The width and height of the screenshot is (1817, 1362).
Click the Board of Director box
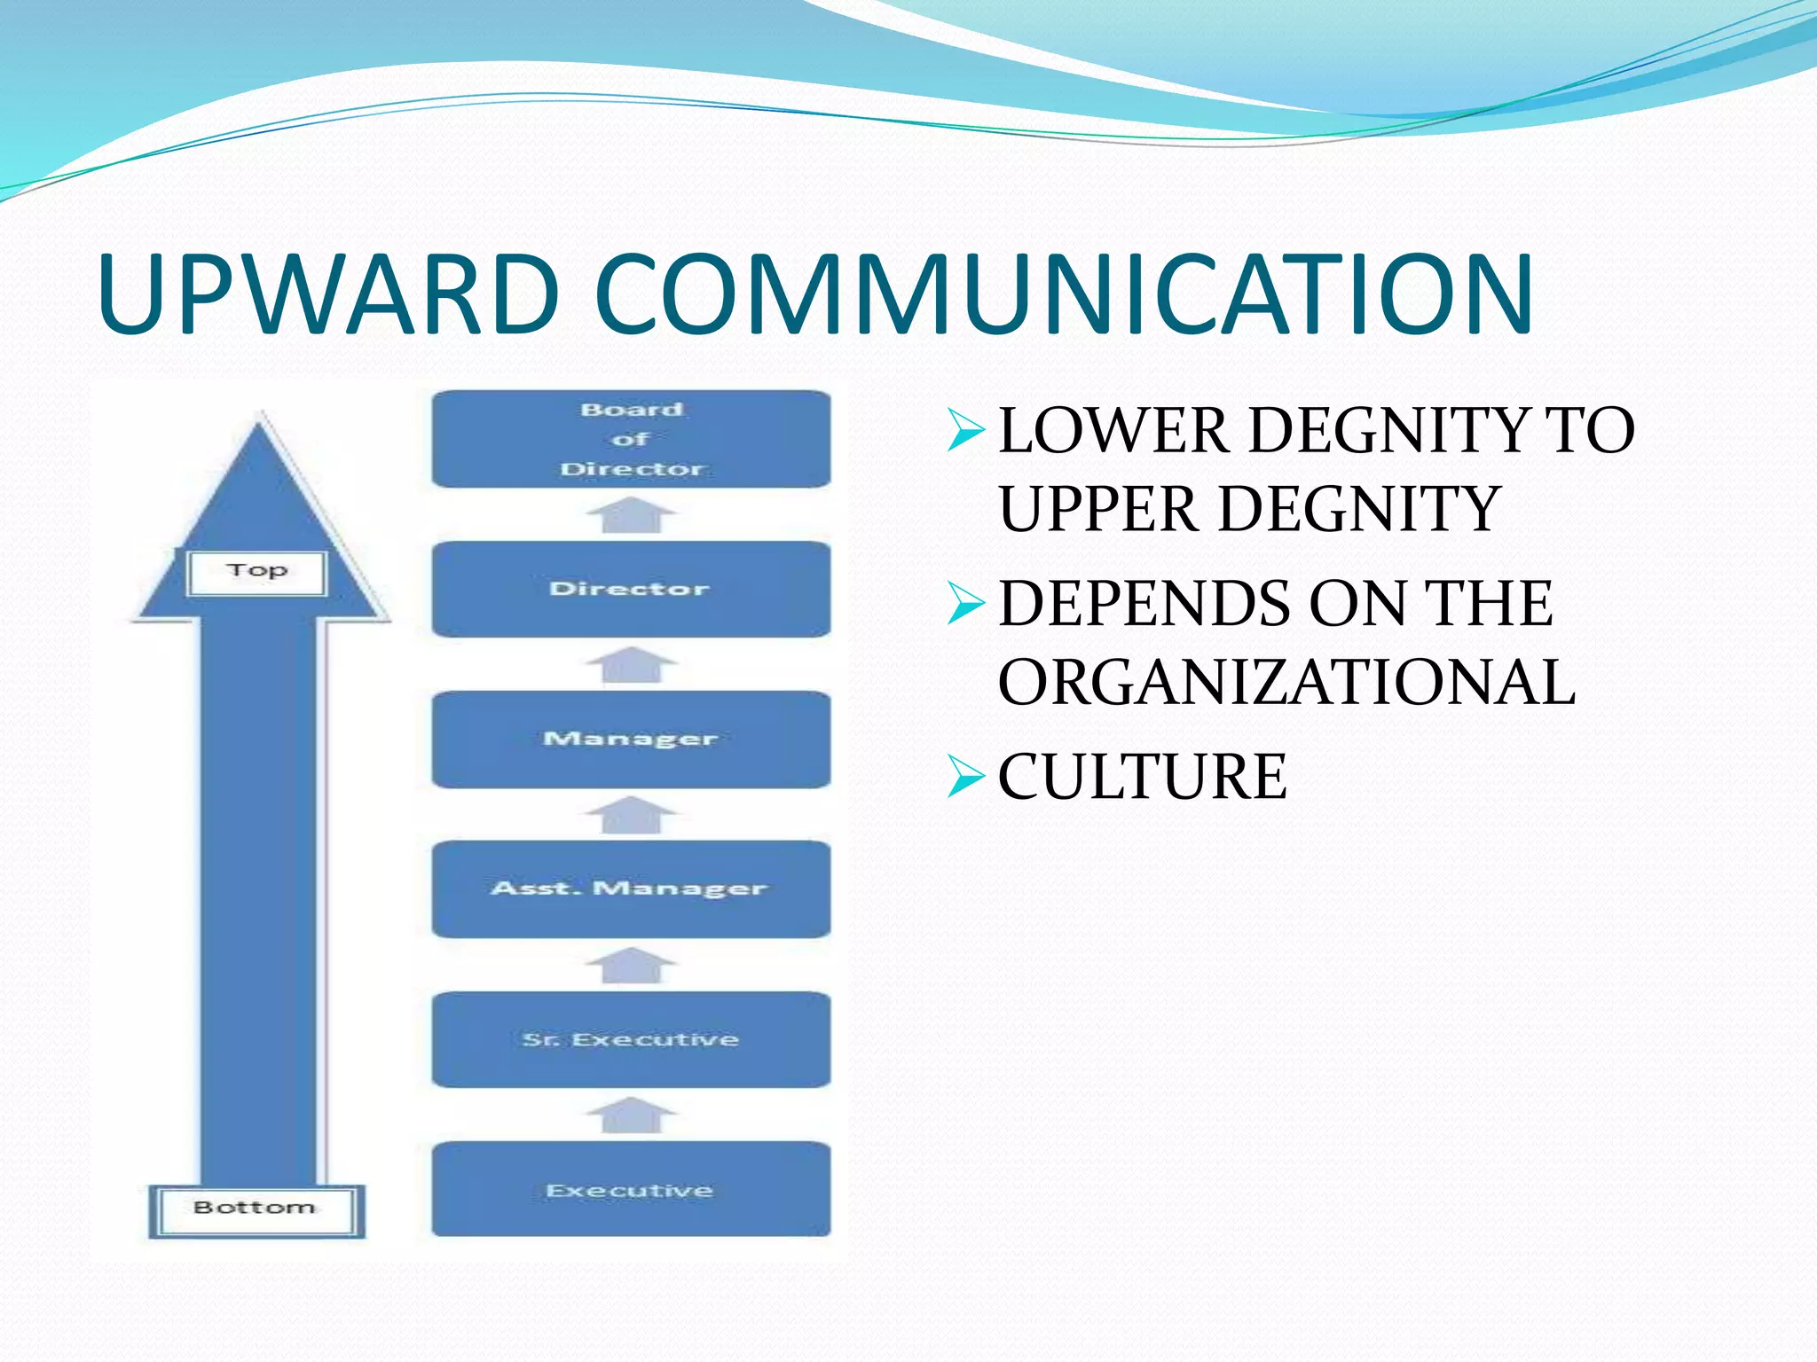click(x=631, y=439)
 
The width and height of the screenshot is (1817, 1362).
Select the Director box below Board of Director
click(x=631, y=589)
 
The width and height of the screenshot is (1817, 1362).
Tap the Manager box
click(x=631, y=740)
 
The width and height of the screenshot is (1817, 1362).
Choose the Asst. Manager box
click(x=631, y=889)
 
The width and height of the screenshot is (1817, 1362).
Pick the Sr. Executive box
click(x=631, y=1039)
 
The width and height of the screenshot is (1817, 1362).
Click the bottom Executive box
click(x=631, y=1190)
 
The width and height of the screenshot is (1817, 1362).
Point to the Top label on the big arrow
click(x=257, y=572)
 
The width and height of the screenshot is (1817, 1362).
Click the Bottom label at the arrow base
click(x=256, y=1209)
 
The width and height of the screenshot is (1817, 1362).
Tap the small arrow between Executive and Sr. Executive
click(x=631, y=1115)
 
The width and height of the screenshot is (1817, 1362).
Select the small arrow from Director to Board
click(x=631, y=514)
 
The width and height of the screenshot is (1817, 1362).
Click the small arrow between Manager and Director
click(x=631, y=664)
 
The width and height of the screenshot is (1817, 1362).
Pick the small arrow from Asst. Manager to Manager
click(x=631, y=814)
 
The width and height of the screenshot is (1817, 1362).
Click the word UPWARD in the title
click(x=328, y=295)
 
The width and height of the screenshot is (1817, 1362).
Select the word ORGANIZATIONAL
click(x=1286, y=683)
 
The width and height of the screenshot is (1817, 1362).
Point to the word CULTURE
click(x=1143, y=777)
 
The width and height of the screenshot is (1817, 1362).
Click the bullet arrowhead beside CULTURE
click(x=965, y=777)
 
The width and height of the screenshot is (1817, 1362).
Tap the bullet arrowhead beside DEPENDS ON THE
click(x=965, y=604)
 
